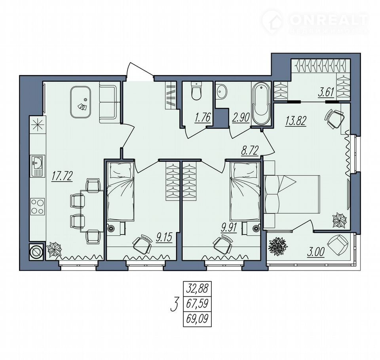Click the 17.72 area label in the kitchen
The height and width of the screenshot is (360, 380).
pos(62,176)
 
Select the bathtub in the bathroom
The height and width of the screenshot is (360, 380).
pos(261,104)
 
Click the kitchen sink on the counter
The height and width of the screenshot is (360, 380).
pos(37,166)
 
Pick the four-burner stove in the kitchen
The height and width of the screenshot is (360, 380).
pos(38,206)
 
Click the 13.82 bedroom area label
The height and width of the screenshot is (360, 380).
pos(296,121)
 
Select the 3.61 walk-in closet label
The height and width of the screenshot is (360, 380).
pos(326,92)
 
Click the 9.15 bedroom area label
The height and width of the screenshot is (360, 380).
pos(164,238)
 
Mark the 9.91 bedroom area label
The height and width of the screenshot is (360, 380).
pos(228,228)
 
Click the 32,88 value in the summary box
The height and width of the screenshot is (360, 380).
pos(197,289)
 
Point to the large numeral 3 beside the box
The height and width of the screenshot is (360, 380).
pos(175,304)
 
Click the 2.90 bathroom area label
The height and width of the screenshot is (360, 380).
pos(240,118)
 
